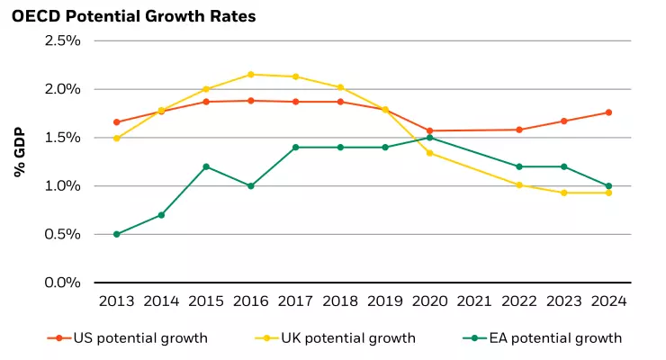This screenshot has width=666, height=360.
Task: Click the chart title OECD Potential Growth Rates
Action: pyautogui.click(x=133, y=15)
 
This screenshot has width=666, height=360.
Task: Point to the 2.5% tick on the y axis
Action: pyautogui.click(x=63, y=41)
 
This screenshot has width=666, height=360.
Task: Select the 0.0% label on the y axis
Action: pyautogui.click(x=63, y=283)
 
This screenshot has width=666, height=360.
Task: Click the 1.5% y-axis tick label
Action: pyautogui.click(x=63, y=138)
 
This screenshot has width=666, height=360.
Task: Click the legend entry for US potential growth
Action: pyautogui.click(x=127, y=338)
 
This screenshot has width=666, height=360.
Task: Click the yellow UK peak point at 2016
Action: pyautogui.click(x=250, y=75)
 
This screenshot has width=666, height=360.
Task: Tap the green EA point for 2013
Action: pyautogui.click(x=116, y=234)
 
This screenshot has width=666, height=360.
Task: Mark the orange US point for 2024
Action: pyautogui.click(x=609, y=112)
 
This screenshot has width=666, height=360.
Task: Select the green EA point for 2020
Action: pyautogui.click(x=429, y=138)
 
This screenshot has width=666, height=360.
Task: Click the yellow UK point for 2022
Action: pyautogui.click(x=519, y=185)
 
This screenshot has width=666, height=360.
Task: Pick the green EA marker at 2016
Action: pyautogui.click(x=250, y=186)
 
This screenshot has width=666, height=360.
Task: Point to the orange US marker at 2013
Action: pyautogui.click(x=116, y=122)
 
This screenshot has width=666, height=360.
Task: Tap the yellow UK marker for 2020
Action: pyautogui.click(x=429, y=153)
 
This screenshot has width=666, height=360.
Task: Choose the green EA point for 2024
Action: pyautogui.click(x=609, y=186)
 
